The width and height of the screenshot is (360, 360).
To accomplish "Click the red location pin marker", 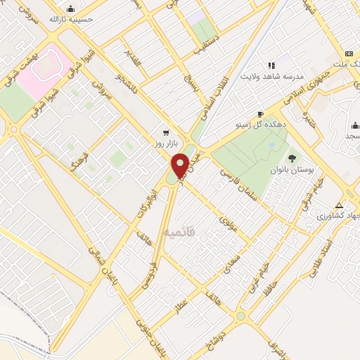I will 180,165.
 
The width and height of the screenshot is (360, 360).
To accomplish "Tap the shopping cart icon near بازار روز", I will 166,131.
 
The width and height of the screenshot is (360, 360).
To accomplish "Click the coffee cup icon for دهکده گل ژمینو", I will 261,113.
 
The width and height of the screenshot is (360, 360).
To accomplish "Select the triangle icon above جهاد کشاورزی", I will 340,205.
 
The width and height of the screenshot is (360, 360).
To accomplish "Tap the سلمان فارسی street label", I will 244,184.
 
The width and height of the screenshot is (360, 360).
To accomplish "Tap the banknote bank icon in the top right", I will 349,54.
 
